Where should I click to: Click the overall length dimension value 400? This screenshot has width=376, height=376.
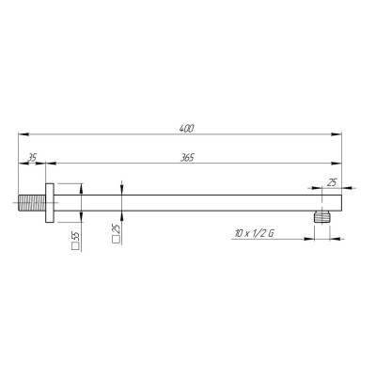187,129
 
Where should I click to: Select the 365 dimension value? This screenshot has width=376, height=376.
187,158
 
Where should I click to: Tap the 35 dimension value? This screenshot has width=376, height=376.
32,158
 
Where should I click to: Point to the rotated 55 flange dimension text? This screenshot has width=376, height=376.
77,236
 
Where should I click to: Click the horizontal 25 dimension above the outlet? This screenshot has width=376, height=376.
332,182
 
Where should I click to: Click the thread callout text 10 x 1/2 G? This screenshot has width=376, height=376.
254,233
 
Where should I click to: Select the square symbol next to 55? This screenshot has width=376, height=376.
75,246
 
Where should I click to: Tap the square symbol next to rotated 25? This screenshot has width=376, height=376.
115,240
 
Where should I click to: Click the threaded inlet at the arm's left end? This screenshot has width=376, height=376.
32,203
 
